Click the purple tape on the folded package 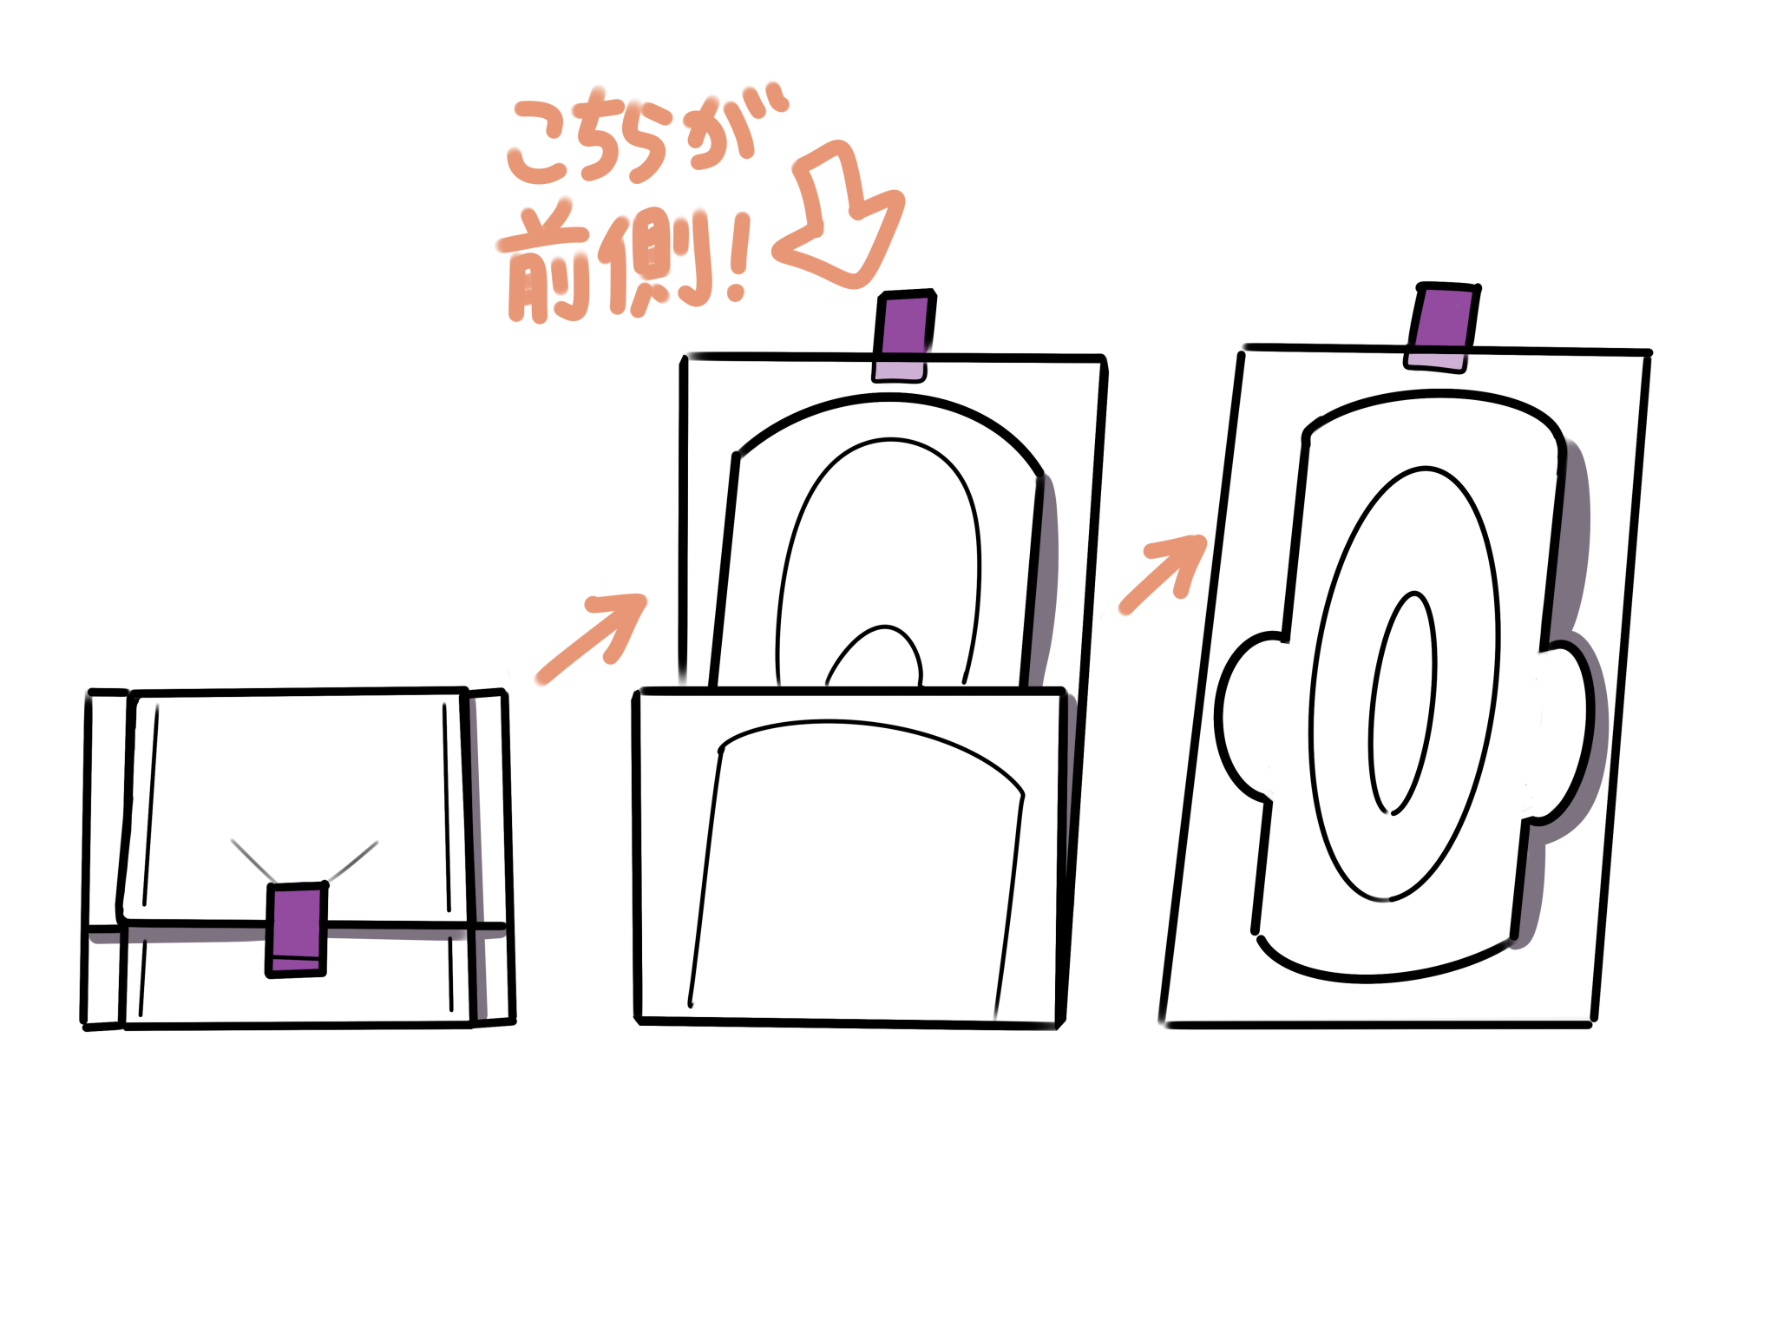(296, 929)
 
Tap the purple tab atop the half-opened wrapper (903, 336)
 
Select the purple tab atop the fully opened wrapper (1442, 327)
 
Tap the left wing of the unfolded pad (1243, 717)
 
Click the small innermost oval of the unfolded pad (1403, 704)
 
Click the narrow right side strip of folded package (489, 857)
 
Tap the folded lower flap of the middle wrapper (851, 857)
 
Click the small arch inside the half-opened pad (875, 653)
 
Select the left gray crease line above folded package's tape (253, 862)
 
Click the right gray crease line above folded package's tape (352, 861)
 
